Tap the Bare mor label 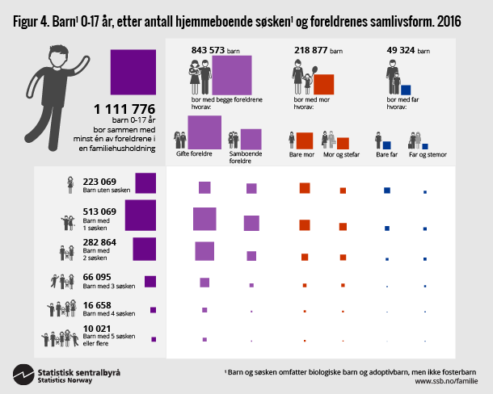tap(301, 153)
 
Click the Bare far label tap(383, 153)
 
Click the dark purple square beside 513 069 tap(140, 216)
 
